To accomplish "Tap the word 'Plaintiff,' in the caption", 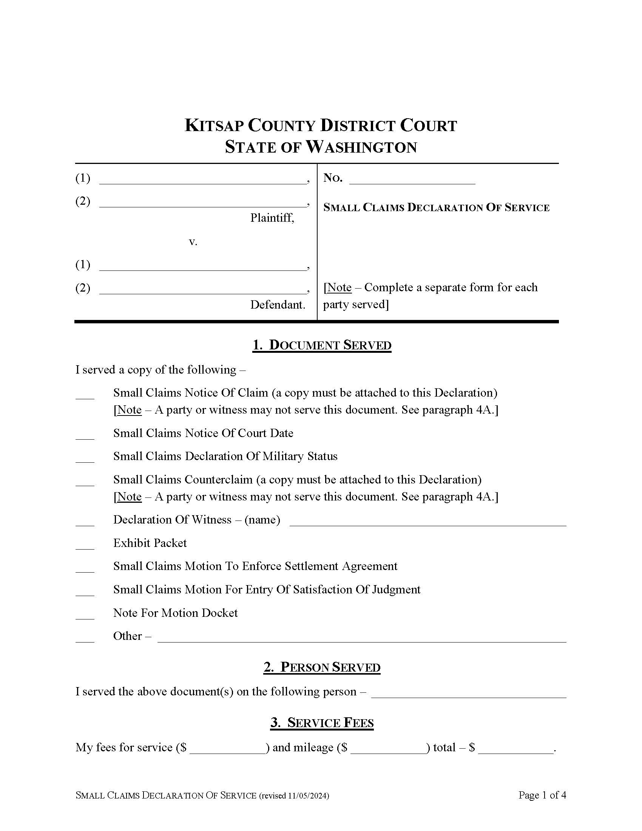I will [272, 218].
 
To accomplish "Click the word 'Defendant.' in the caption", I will [278, 304].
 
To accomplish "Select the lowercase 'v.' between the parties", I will [193, 242].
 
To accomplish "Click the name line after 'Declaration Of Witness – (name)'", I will [428, 521].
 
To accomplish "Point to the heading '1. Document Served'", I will [322, 345].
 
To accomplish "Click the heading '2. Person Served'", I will [322, 667].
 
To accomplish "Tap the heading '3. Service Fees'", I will [322, 723].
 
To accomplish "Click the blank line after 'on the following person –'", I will [469, 693].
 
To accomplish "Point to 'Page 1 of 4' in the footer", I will [542, 795].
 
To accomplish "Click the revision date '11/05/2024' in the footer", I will [307, 795].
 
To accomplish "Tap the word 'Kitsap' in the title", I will [214, 125].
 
